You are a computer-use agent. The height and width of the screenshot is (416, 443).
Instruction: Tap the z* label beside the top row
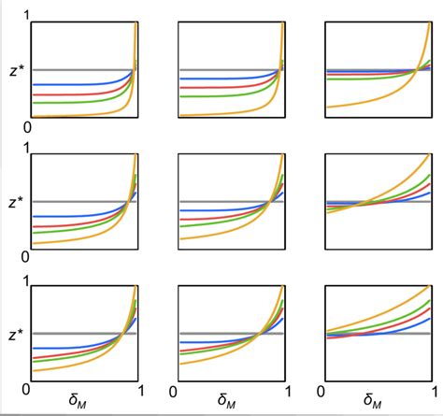click(x=14, y=70)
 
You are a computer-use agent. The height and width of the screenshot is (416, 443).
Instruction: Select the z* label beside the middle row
click(x=14, y=202)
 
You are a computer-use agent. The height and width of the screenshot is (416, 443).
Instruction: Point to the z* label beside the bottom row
click(x=14, y=334)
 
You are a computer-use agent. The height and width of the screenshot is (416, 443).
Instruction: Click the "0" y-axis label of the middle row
click(x=25, y=255)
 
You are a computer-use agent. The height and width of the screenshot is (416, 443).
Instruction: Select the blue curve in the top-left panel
click(x=75, y=84)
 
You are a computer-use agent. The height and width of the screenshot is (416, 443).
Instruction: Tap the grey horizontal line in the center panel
click(x=215, y=202)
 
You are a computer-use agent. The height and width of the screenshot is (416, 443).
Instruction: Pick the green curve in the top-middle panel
click(x=224, y=95)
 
